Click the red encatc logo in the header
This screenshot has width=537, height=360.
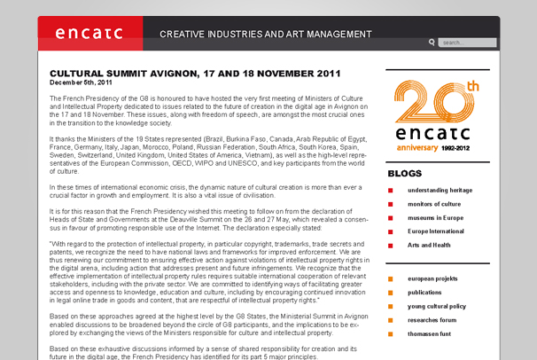pyautogui.click(x=89, y=34)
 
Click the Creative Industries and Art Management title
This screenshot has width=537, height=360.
pyautogui.click(x=266, y=35)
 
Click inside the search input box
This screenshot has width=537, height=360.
pyautogui.click(x=467, y=43)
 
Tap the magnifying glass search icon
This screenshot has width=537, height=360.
pyautogui.click(x=432, y=42)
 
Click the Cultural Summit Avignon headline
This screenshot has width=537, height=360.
pyautogui.click(x=195, y=73)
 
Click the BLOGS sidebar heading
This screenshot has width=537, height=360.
pyautogui.click(x=405, y=174)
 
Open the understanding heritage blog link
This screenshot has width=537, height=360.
pyautogui.click(x=440, y=190)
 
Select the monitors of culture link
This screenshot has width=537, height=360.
pyautogui.click(x=432, y=204)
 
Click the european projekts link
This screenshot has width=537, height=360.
pyautogui.click(x=433, y=278)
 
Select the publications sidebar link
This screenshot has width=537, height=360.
pyautogui.click(x=425, y=292)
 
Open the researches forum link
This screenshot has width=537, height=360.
pyautogui.click(x=432, y=319)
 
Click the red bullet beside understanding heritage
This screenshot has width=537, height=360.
pyautogui.click(x=391, y=191)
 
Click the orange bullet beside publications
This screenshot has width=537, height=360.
pyautogui.click(x=391, y=293)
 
